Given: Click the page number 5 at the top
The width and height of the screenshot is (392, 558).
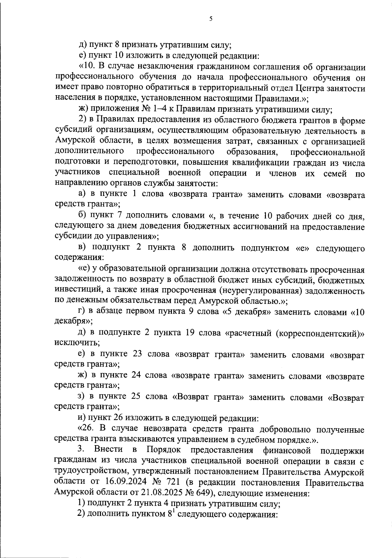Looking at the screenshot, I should point(211,19).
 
